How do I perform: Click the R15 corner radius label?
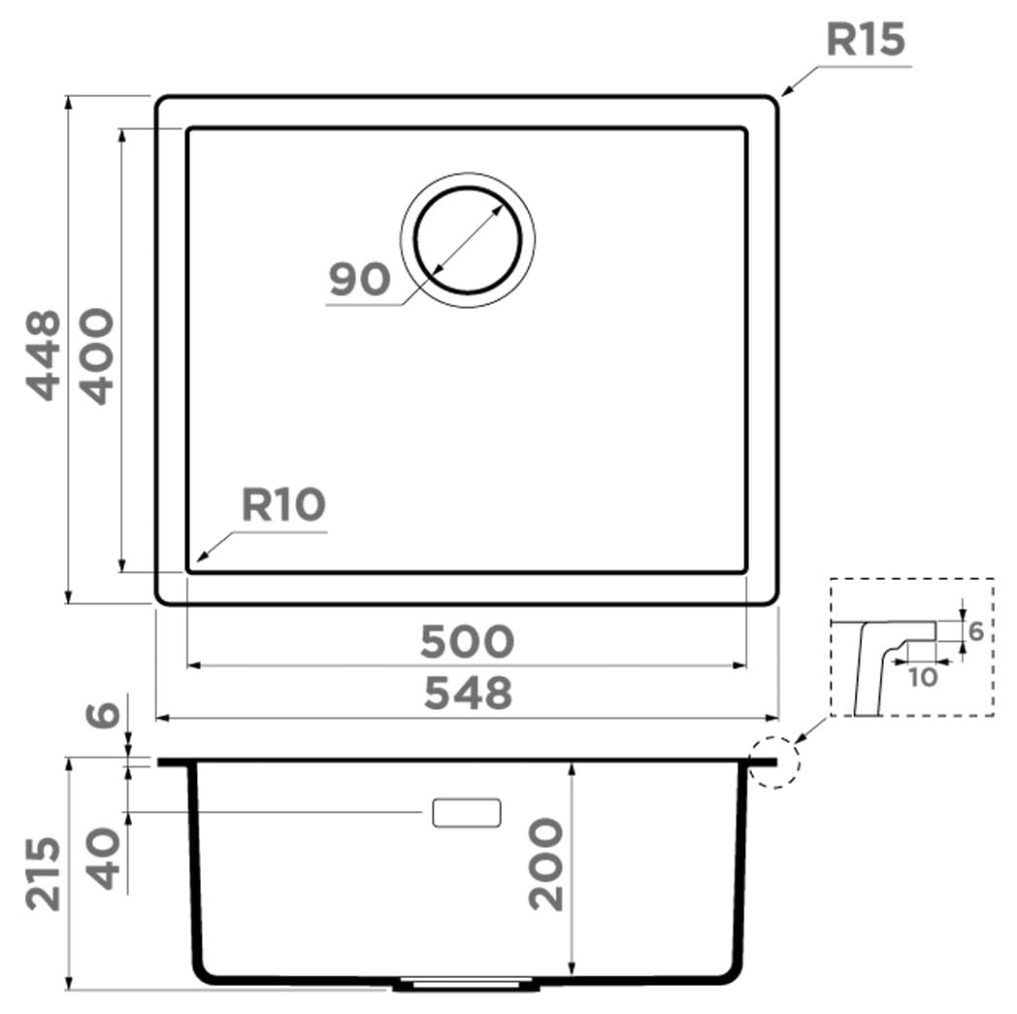pyautogui.click(x=866, y=39)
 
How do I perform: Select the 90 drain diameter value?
pyautogui.click(x=359, y=280)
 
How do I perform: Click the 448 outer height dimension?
pyautogui.click(x=44, y=355)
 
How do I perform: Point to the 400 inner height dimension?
pyautogui.click(x=96, y=356)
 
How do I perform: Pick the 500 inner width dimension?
pyautogui.click(x=467, y=641)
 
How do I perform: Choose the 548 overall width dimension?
pyautogui.click(x=468, y=693)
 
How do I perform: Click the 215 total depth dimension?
pyautogui.click(x=44, y=874)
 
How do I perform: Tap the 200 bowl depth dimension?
pyautogui.click(x=545, y=864)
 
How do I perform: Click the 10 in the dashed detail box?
pyautogui.click(x=922, y=678)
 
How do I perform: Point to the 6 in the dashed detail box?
pyautogui.click(x=976, y=631)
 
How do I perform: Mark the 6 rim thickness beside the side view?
pyautogui.click(x=103, y=715)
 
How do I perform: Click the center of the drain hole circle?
pyautogui.click(x=468, y=240)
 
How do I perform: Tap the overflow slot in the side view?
pyautogui.click(x=467, y=813)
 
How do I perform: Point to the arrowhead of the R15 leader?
pyautogui.click(x=785, y=92)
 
